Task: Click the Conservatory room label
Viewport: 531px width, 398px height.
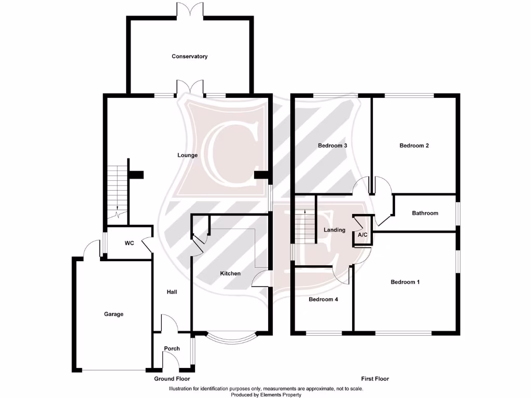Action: click(190, 56)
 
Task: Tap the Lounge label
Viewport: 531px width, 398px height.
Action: click(187, 155)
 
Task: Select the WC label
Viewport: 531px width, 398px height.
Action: click(129, 243)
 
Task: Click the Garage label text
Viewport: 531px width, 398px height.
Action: click(114, 314)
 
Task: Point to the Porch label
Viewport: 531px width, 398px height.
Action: click(172, 349)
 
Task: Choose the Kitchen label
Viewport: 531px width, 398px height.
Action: click(230, 274)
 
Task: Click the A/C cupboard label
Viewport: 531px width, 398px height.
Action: click(362, 235)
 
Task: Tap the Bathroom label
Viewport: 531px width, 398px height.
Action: click(425, 213)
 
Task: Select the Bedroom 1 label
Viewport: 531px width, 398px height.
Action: click(405, 282)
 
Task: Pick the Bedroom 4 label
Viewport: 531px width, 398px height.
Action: click(323, 300)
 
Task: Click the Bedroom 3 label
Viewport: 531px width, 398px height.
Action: click(332, 146)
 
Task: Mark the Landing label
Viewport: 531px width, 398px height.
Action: click(334, 230)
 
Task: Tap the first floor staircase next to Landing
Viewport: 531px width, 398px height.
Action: click(305, 226)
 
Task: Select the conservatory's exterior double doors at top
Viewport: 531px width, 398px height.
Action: click(190, 9)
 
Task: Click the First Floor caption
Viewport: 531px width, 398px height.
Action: click(375, 379)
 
